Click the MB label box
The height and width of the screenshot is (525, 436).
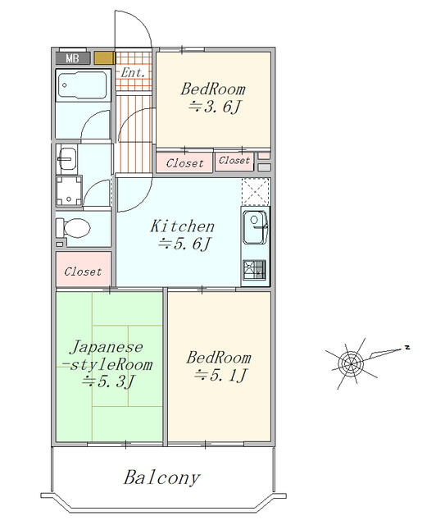(73, 58)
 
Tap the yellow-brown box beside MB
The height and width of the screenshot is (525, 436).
(104, 58)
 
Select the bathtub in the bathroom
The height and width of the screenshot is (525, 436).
(83, 85)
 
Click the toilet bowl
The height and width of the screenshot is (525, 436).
(75, 228)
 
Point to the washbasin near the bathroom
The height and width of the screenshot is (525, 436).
(67, 158)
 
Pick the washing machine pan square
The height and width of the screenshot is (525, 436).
(69, 191)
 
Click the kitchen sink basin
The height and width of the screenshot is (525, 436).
(255, 227)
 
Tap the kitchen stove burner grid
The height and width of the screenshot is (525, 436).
(255, 270)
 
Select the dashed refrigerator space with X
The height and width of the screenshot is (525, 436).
(256, 191)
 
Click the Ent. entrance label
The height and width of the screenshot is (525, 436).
(133, 72)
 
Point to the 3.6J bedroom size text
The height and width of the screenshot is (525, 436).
(215, 107)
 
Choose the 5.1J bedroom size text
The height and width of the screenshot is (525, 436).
(220, 375)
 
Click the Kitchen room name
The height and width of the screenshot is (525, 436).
(183, 226)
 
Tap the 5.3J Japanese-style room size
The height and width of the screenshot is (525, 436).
(108, 381)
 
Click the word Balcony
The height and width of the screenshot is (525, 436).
(162, 477)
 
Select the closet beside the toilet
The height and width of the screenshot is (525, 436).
(84, 270)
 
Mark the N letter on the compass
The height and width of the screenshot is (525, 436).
(407, 347)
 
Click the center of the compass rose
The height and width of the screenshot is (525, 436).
(350, 363)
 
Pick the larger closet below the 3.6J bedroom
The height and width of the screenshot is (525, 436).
(184, 162)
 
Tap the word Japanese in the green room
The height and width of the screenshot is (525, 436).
(107, 347)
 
